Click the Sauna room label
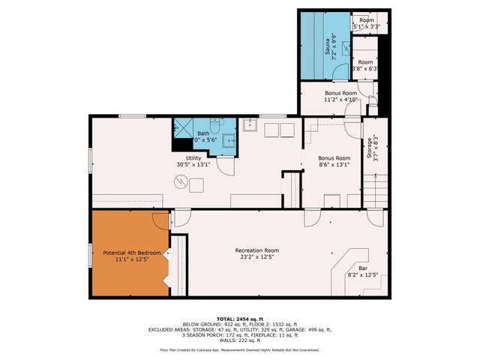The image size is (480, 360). pyautogui.click(x=328, y=48)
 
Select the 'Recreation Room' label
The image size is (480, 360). pyautogui.click(x=256, y=250)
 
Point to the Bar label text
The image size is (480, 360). pyautogui.click(x=362, y=268)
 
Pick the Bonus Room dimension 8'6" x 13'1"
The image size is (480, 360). pyautogui.click(x=334, y=166)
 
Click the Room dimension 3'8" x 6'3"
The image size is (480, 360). pyautogui.click(x=366, y=67)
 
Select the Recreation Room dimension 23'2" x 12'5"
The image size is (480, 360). pyautogui.click(x=256, y=257)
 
